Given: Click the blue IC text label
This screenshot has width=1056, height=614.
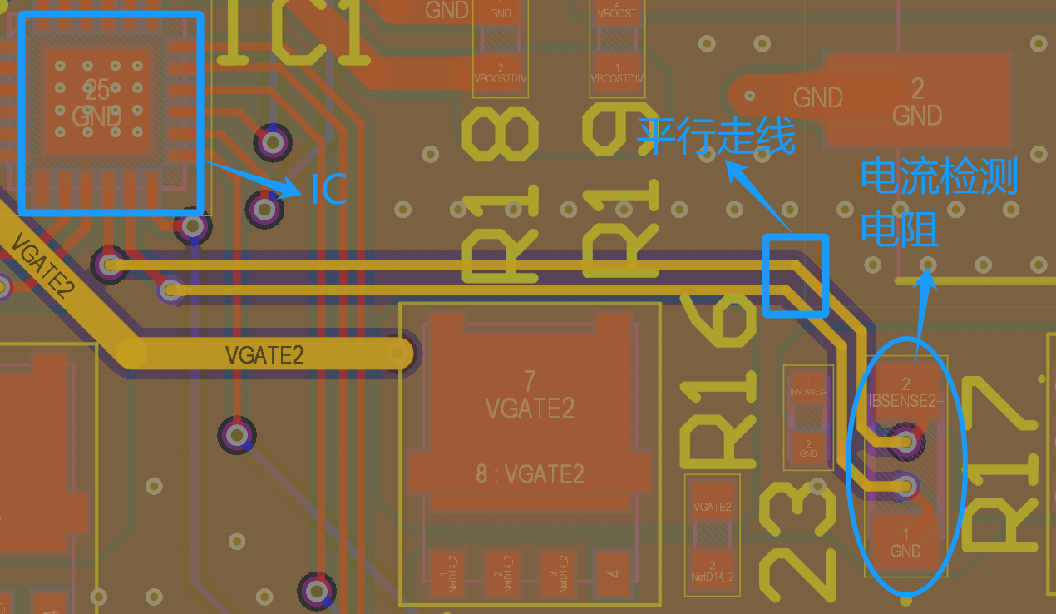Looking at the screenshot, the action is pos(328,190).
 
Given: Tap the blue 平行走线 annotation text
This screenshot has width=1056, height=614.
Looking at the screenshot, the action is pos(716,136).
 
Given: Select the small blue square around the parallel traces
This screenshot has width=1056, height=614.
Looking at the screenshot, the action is pos(796,275).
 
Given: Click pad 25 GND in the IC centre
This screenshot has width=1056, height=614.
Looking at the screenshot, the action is pos(97,101).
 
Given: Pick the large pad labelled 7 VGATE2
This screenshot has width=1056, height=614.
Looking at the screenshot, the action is pos(530,394).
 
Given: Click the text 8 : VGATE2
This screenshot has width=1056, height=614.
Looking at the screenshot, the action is pos(530,473).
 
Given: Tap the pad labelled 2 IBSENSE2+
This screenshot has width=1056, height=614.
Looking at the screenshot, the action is pos(905,392).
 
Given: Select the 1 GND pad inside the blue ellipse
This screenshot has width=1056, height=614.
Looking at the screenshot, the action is pos(905,542).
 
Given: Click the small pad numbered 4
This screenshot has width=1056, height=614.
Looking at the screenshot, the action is pos(614,573).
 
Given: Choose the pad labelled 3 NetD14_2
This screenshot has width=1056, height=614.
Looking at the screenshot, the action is pos(565,574).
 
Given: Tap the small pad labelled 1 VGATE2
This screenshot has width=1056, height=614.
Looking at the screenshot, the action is pos(712,501).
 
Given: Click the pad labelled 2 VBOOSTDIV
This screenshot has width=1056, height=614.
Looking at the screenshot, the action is pos(500,72).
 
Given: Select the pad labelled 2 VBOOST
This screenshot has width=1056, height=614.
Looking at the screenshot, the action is pos(617,12).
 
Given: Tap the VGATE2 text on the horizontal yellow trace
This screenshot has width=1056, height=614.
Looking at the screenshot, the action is pos(264,355).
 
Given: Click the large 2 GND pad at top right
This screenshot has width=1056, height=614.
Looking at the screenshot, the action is pos(917,101).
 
